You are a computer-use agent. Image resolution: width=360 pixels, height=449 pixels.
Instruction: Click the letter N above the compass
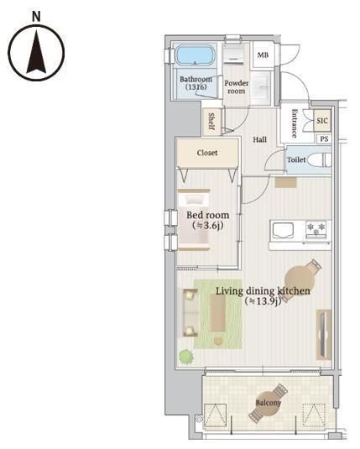[x=36, y=17]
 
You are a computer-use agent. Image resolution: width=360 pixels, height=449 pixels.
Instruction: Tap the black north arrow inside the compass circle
[x=36, y=52]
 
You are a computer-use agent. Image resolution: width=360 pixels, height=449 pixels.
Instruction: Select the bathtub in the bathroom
[x=196, y=55]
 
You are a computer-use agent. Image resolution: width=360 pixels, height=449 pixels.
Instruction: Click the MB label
[x=263, y=55]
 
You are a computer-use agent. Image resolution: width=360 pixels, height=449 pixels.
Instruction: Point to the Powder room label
[x=237, y=87]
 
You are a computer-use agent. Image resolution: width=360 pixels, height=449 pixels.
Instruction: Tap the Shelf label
[x=211, y=122]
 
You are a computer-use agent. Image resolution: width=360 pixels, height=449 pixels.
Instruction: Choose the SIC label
[x=322, y=121]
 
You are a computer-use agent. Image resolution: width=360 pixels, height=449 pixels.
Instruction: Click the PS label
[x=324, y=139]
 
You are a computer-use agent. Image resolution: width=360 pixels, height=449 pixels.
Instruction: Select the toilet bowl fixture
[x=321, y=159]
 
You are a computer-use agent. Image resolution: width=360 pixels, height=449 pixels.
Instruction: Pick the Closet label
[x=207, y=153]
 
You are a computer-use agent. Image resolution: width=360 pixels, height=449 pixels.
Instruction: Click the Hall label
[x=260, y=139]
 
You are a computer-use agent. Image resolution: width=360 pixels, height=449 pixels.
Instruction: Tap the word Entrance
[x=295, y=123]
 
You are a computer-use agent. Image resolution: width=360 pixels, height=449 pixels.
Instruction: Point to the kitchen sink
[x=283, y=231]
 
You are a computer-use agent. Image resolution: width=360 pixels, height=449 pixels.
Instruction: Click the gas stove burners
[x=316, y=229]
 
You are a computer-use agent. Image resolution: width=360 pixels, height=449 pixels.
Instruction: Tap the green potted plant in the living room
[x=186, y=357]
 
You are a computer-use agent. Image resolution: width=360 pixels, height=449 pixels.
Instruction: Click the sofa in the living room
[x=190, y=312]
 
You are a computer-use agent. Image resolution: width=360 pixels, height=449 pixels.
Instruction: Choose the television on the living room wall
[x=323, y=335]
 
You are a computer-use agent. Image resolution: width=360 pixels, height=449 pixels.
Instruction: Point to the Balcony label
[x=268, y=403]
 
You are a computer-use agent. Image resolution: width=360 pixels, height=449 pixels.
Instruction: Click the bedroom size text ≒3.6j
[x=208, y=226]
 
